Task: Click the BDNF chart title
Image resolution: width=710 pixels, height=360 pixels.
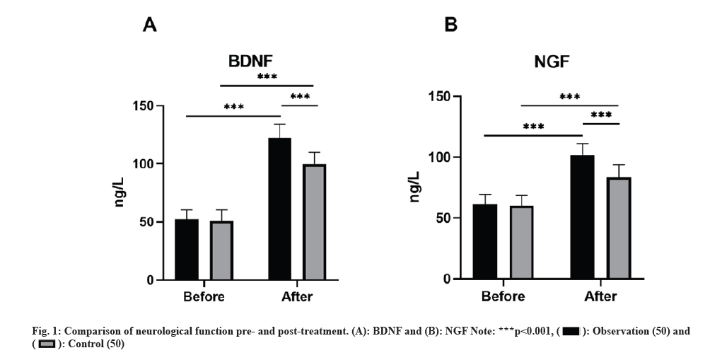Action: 251,62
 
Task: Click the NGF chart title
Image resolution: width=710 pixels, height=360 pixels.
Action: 552,63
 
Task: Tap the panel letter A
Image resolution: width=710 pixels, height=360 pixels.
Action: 149,25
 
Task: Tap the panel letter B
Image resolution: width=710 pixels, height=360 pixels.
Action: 450,25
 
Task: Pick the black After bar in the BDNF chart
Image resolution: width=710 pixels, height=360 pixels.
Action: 280,209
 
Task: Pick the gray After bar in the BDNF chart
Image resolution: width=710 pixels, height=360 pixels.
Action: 315,222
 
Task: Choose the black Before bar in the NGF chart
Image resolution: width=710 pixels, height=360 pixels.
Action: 485,241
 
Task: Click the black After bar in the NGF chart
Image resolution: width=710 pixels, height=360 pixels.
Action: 582,216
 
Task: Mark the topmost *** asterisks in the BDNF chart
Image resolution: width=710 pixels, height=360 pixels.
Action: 267,77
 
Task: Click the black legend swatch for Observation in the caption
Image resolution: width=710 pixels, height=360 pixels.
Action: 571,331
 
